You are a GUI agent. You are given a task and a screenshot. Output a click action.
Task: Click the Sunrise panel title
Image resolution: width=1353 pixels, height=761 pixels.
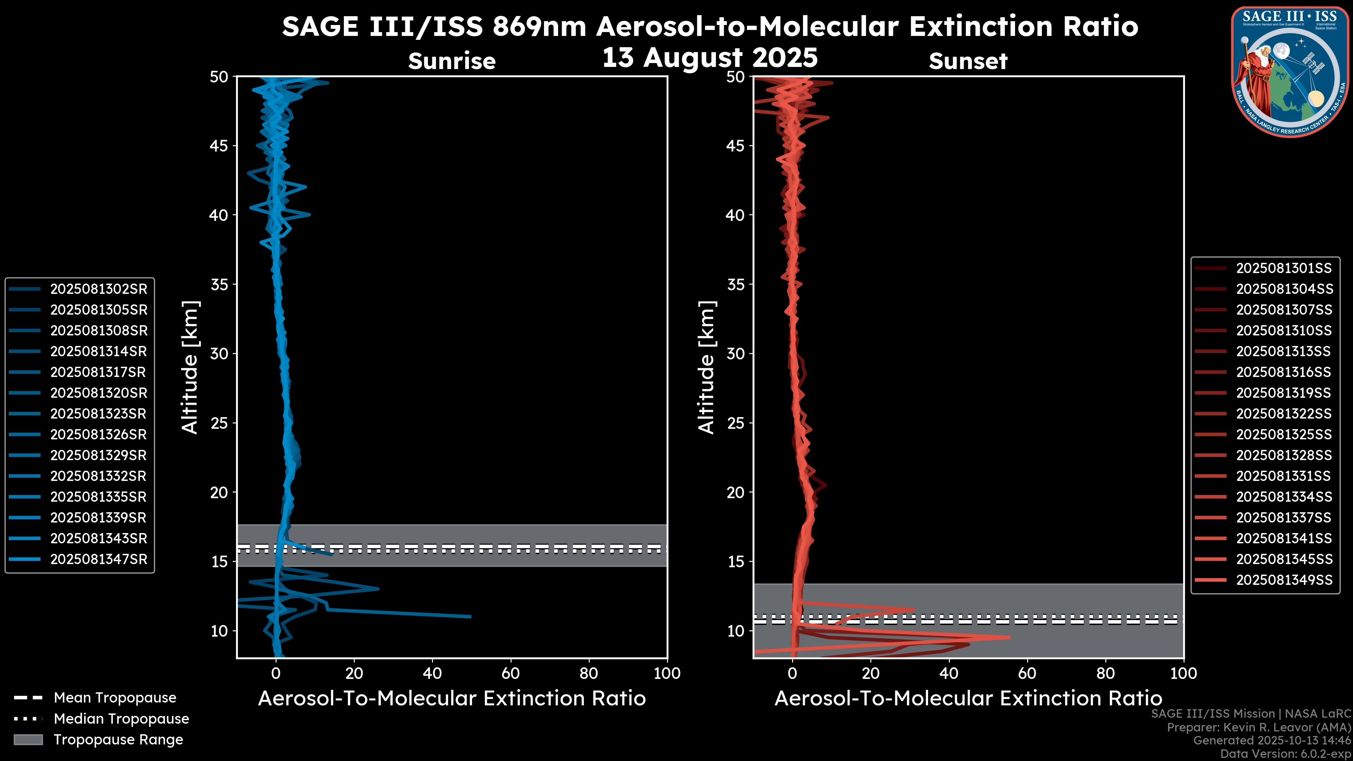click(452, 61)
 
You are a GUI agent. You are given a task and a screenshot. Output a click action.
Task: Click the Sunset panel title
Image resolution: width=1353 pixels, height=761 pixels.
click(968, 61)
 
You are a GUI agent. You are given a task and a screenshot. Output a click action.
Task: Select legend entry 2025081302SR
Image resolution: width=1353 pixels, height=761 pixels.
click(98, 289)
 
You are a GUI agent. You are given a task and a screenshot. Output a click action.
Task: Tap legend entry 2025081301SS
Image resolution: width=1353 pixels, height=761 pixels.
click(1283, 268)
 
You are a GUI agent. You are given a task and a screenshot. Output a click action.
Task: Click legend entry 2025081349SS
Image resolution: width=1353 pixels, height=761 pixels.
click(1284, 580)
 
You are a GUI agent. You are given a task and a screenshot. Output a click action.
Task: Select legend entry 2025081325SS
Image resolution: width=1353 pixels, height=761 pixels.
click(1283, 434)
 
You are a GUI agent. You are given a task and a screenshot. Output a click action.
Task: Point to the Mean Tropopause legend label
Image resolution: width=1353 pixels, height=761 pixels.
click(115, 698)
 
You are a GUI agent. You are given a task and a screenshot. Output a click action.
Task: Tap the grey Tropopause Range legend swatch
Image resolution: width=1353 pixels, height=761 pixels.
click(28, 740)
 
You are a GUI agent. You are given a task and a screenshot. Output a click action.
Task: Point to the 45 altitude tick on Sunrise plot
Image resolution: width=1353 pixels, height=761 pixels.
click(219, 146)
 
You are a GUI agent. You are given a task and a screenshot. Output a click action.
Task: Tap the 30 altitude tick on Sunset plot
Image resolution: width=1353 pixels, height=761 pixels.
click(735, 353)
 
